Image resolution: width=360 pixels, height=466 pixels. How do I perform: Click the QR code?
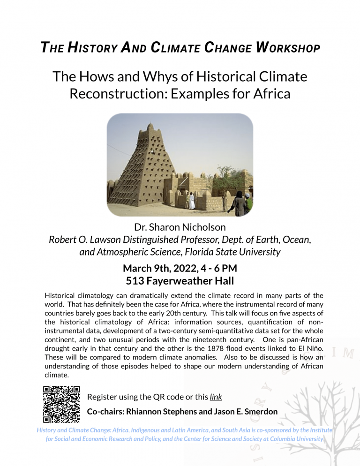click(x=61, y=404)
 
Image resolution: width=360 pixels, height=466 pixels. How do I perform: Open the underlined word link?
click(x=216, y=397)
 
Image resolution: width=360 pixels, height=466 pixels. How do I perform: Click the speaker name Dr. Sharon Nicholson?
click(x=180, y=227)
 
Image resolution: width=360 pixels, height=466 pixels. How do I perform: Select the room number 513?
click(x=136, y=281)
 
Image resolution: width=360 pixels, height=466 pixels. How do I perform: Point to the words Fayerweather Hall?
click(x=192, y=281)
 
